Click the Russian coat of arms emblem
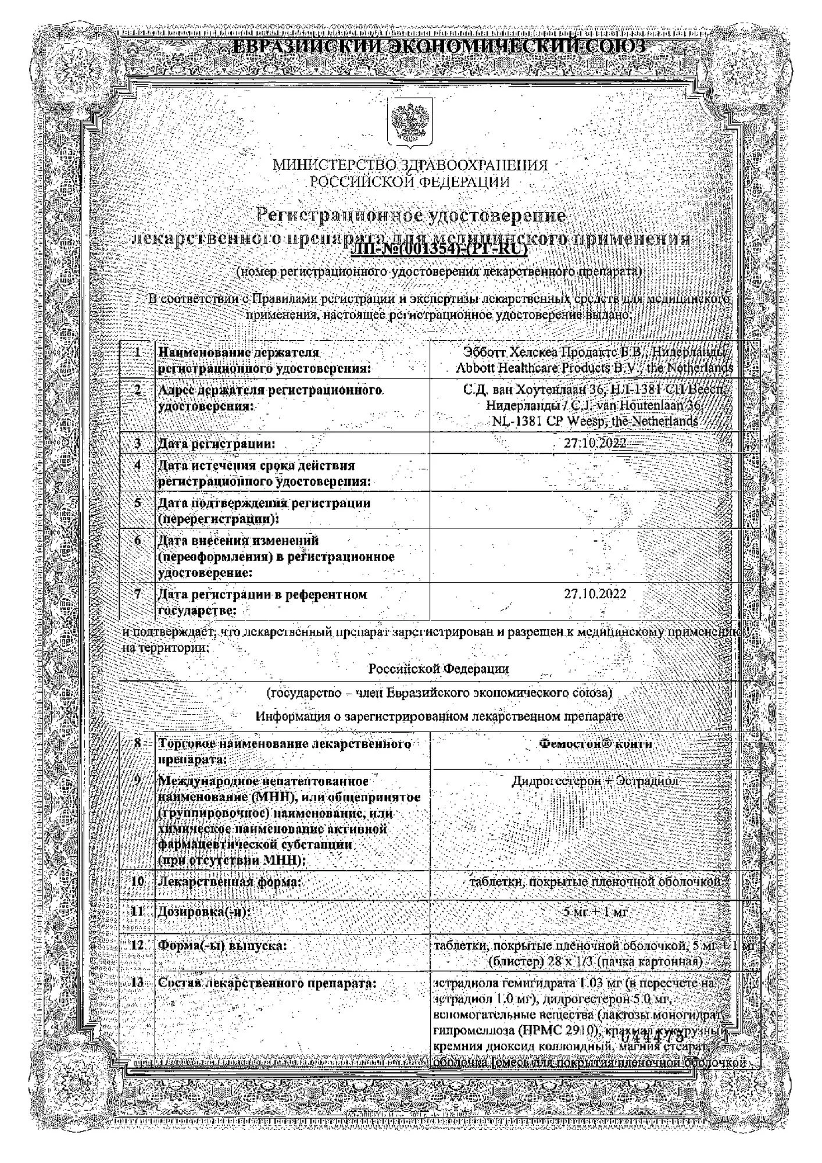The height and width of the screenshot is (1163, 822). pos(410,123)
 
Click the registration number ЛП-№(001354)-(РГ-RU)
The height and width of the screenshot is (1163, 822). pos(439,250)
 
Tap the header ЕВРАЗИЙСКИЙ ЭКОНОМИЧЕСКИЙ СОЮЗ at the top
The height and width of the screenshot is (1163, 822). pos(438,47)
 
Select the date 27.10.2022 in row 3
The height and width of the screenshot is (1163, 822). pos(595,443)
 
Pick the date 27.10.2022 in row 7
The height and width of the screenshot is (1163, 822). pos(595,594)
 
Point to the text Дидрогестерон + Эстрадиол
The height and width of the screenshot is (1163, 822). pos(595,781)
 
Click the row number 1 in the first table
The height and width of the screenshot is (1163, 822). pos(138,352)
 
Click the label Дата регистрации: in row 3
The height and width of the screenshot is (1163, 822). pos(217,444)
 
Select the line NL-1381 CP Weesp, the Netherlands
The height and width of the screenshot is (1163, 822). pos(595,422)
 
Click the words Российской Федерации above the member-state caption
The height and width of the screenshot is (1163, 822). pos(438,669)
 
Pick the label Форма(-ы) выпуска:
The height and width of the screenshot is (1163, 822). pos(223,946)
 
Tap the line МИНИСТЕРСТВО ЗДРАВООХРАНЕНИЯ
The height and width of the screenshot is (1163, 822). pos(410,166)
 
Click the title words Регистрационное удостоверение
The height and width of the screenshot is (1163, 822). pos(412,216)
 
